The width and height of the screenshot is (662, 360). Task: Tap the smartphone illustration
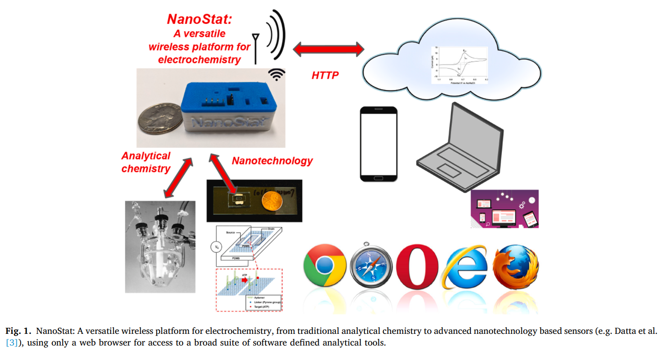tap(379, 144)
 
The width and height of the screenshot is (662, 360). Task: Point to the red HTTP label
tap(325, 75)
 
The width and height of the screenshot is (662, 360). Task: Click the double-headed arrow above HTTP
tap(328, 49)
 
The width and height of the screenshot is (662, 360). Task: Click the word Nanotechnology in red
tap(272, 161)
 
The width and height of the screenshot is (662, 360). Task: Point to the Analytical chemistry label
tap(146, 162)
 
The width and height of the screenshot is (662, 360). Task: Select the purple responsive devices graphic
tap(505, 208)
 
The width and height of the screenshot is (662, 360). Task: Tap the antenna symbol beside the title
tap(255, 48)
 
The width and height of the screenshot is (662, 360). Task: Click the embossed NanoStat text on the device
tap(220, 122)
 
